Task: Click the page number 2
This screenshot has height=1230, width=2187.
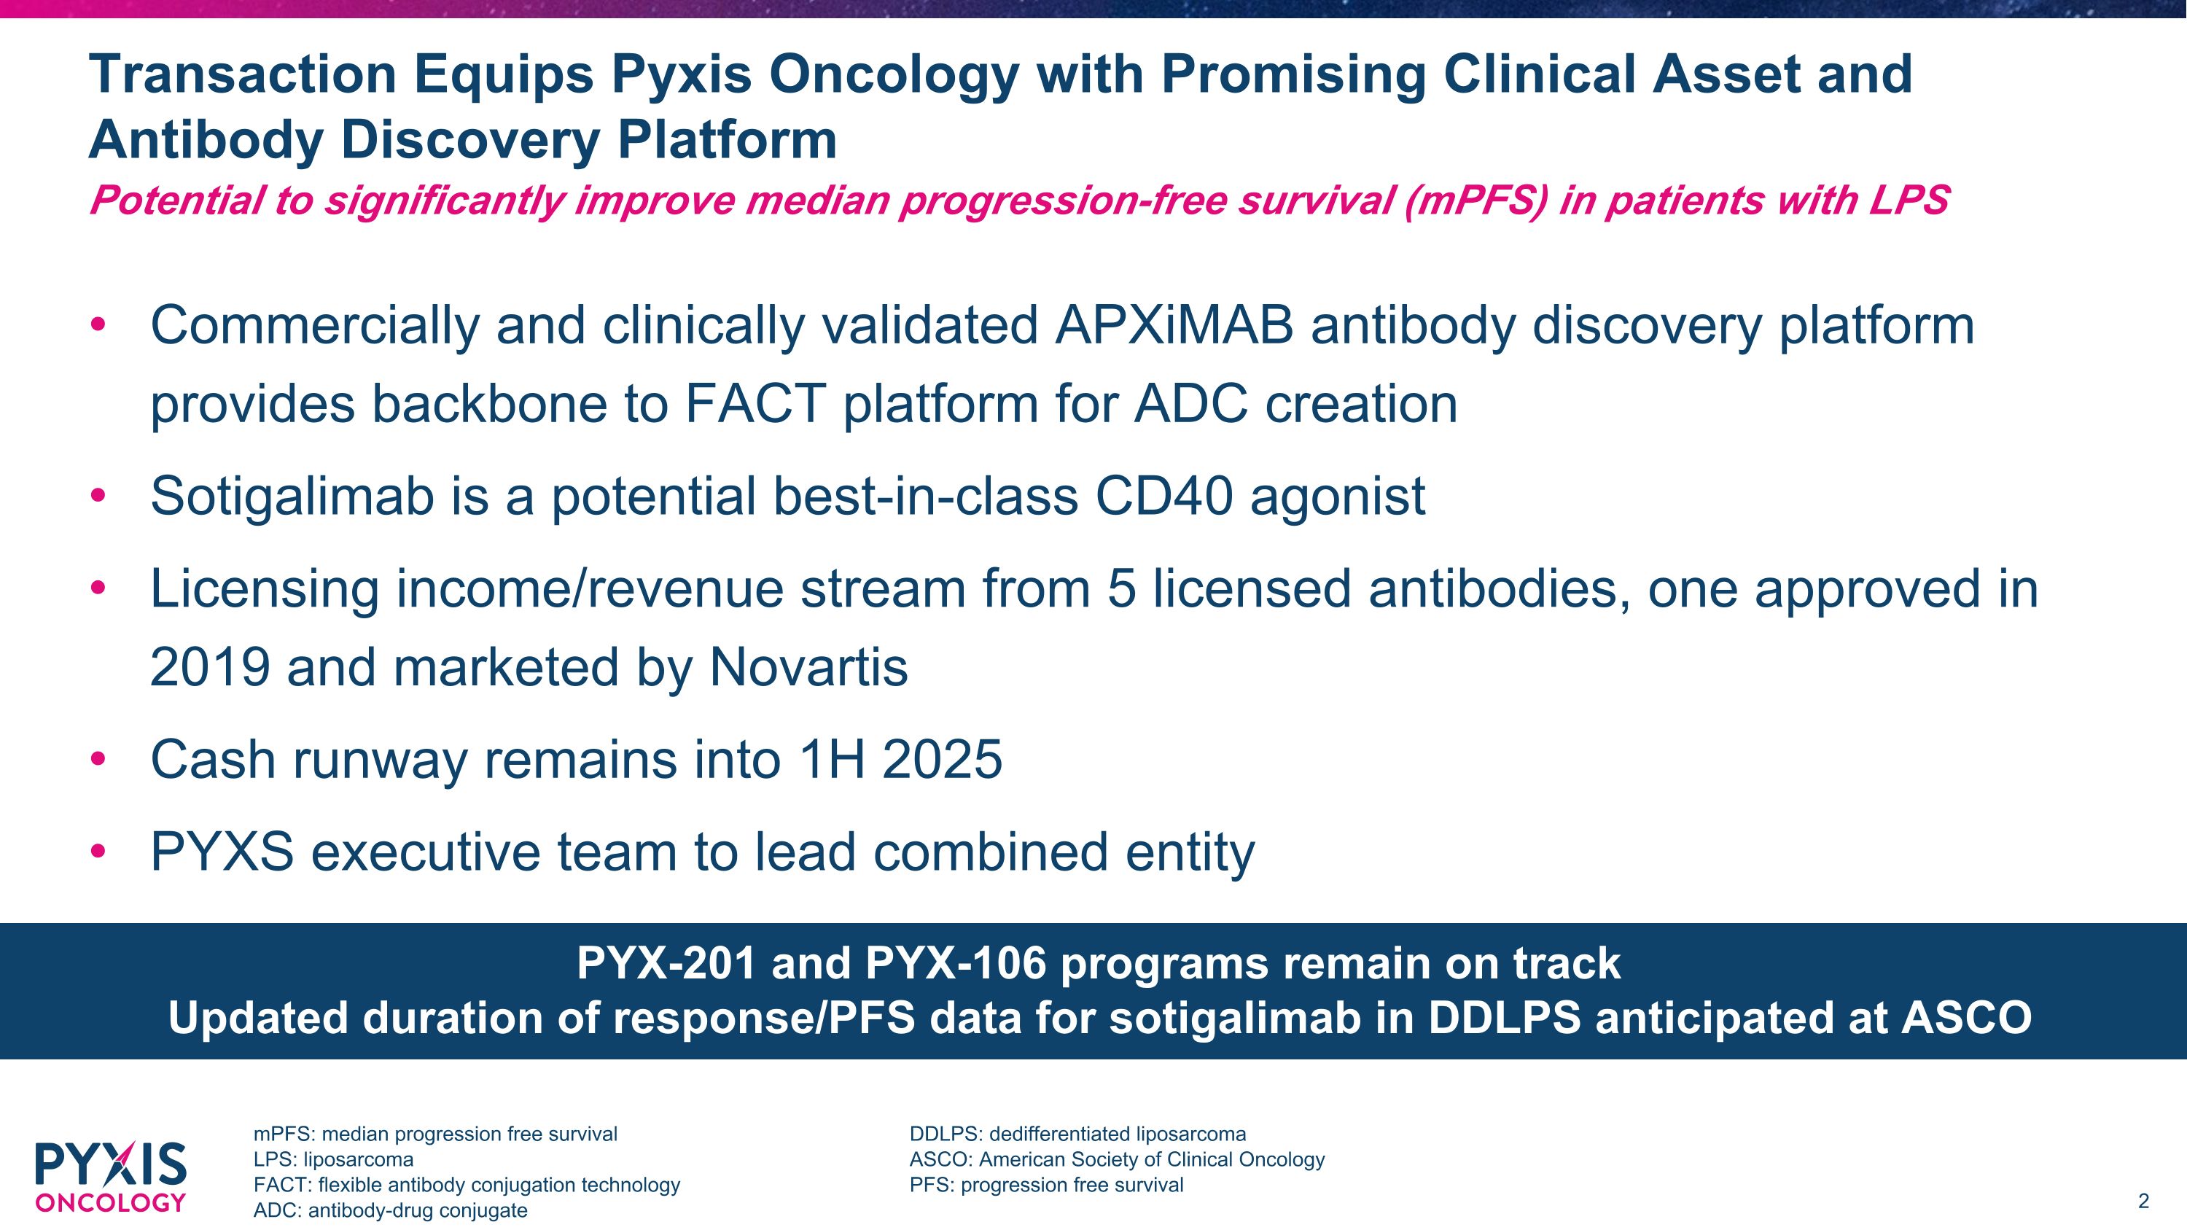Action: [x=2143, y=1201]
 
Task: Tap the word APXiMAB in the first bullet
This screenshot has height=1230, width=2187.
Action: [x=1174, y=325]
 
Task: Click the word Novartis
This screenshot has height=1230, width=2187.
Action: [x=808, y=667]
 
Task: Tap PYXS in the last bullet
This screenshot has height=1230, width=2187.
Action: [x=222, y=852]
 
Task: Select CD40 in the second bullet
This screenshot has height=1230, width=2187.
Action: [x=1163, y=496]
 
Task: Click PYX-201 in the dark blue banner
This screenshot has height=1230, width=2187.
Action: [x=666, y=963]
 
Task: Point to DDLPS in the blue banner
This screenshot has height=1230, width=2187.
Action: [x=1503, y=1018]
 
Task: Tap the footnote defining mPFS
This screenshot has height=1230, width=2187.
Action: [x=435, y=1134]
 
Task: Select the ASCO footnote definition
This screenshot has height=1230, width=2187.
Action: [x=1116, y=1159]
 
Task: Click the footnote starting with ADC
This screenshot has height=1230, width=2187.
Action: [x=391, y=1210]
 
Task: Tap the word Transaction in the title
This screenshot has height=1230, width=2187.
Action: [x=243, y=74]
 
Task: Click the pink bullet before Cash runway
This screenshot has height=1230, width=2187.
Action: [x=98, y=759]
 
